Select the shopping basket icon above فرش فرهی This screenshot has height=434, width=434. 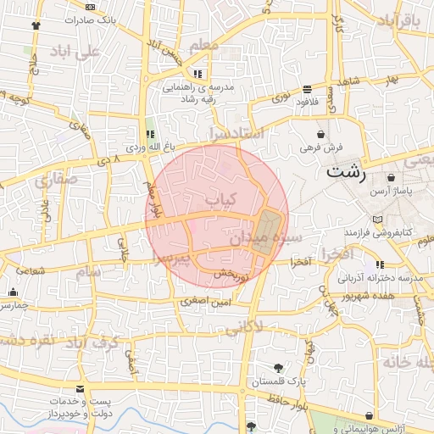pos(320,134)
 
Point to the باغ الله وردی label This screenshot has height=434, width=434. pos(149,147)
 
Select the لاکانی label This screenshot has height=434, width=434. pos(270,325)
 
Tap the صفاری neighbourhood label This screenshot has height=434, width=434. pos(57,180)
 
